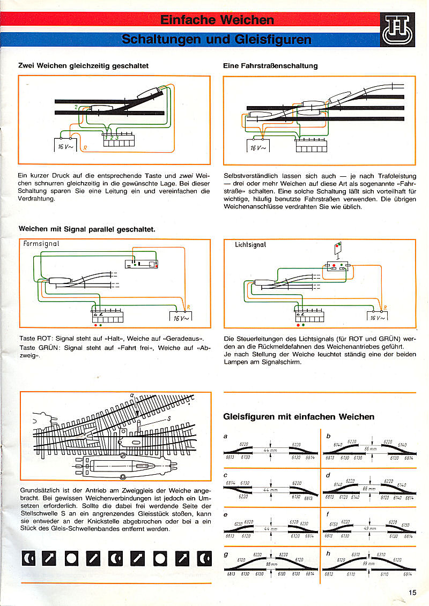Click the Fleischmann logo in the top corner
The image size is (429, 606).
click(x=399, y=31)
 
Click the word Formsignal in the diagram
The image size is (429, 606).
click(x=41, y=244)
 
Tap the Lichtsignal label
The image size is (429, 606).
click(x=250, y=245)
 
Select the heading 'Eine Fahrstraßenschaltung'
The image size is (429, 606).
click(x=270, y=66)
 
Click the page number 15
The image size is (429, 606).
click(x=412, y=592)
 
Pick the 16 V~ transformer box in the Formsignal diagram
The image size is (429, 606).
click(x=181, y=317)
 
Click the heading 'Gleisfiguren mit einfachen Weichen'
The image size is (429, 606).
click(x=298, y=416)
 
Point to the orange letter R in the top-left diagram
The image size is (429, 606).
click(x=83, y=147)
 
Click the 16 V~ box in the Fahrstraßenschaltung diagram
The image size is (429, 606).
click(x=257, y=147)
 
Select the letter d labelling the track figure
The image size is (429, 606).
click(x=328, y=474)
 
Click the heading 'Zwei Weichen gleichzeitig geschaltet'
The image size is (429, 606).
click(x=83, y=66)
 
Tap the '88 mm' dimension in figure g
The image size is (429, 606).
click(x=271, y=564)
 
